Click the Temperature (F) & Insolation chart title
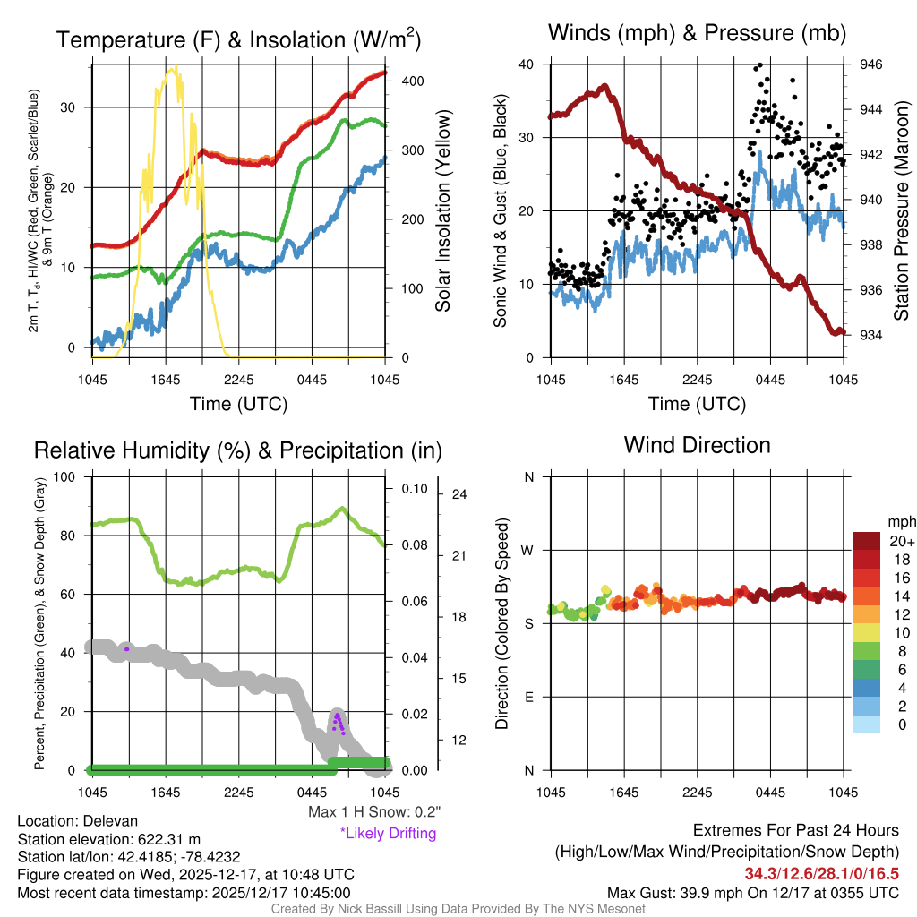(x=238, y=40)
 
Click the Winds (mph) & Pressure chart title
(x=697, y=33)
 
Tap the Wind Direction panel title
(x=697, y=445)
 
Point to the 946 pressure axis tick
(x=871, y=64)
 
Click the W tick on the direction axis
(x=529, y=550)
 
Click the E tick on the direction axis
(x=529, y=697)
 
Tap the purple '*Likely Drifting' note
(x=388, y=833)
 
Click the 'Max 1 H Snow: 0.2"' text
(x=374, y=811)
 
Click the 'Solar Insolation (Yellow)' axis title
(x=442, y=211)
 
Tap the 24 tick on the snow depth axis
(x=460, y=494)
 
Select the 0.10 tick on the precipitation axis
(x=416, y=489)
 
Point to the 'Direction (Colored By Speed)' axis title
(x=501, y=623)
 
